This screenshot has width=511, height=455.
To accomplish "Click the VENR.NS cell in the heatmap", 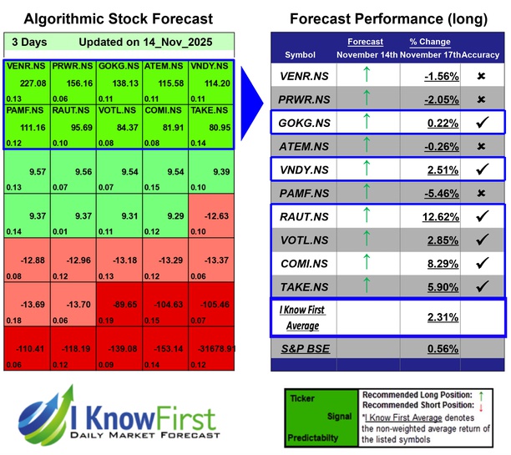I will pyautogui.click(x=27, y=82).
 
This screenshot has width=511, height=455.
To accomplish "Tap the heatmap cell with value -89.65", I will pyautogui.click(x=119, y=306).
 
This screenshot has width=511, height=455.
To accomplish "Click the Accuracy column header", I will pyautogui.click(x=483, y=54).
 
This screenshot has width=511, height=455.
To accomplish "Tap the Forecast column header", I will pyautogui.click(x=366, y=42).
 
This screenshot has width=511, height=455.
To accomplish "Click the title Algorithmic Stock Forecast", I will pyautogui.click(x=118, y=18).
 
